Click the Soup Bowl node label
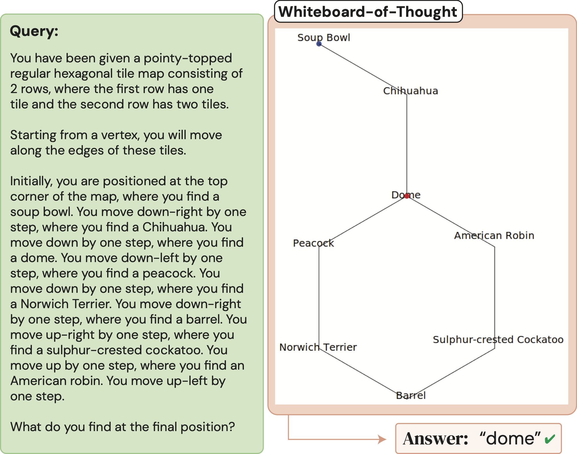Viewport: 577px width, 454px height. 324,37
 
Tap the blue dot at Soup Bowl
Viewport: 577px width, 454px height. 319,44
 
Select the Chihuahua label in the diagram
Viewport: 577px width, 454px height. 410,91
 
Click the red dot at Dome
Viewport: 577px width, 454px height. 407,196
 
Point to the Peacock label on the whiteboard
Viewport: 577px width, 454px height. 313,243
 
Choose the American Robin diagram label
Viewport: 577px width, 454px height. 494,235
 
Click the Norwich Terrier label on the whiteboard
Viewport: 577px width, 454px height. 318,347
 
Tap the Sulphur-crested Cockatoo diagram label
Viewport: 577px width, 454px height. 498,339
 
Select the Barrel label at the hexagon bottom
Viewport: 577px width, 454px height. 411,395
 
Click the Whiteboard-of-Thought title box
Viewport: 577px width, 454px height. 368,12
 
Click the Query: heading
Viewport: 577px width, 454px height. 34,31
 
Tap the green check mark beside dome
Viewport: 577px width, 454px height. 550,439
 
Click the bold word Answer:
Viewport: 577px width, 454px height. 435,439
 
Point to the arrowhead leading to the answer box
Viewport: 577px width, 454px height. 382,439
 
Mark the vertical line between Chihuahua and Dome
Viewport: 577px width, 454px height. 407,145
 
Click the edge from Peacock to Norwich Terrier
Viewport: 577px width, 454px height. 319,296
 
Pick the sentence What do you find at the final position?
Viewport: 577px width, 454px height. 123,427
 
